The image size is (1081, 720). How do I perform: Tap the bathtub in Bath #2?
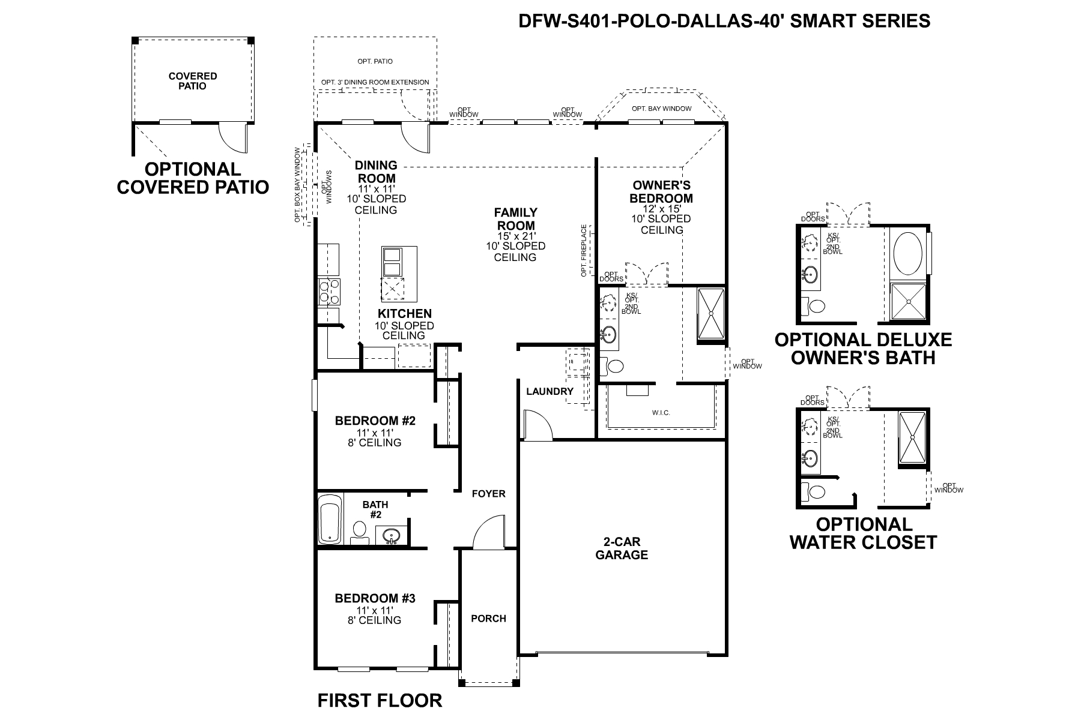329,520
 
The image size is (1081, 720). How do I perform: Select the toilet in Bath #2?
359,530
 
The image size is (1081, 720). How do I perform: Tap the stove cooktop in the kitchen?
329,292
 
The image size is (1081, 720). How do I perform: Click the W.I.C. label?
661,413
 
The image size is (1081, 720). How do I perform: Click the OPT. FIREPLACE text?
584,251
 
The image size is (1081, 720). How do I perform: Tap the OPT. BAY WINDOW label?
661,109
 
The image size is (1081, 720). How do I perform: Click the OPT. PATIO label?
375,61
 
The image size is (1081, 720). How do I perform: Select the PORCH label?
488,619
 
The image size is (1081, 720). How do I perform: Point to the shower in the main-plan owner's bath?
711,314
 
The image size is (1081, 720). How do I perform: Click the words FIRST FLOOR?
380,700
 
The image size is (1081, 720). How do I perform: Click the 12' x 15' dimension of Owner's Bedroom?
661,208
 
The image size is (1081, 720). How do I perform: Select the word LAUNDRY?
550,391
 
